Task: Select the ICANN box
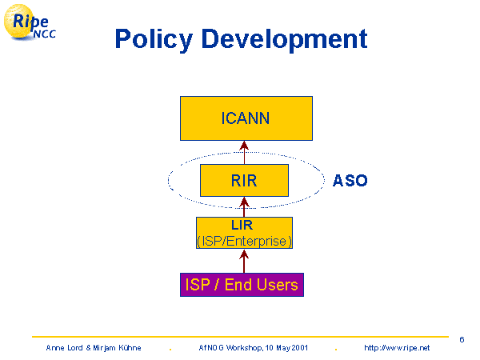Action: coord(245,118)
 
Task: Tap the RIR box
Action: coord(244,181)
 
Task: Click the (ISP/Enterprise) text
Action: coord(244,240)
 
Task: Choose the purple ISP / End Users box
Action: coord(242,285)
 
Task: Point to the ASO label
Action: coord(350,181)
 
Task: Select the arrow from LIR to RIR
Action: coord(244,206)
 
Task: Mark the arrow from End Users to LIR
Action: coord(244,260)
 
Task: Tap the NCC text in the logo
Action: coord(43,34)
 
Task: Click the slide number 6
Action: coord(462,339)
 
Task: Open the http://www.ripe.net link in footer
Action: coord(397,348)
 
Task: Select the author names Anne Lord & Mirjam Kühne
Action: coord(94,348)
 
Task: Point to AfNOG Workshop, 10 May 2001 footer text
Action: coord(252,348)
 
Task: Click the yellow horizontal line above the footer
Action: coord(240,336)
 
